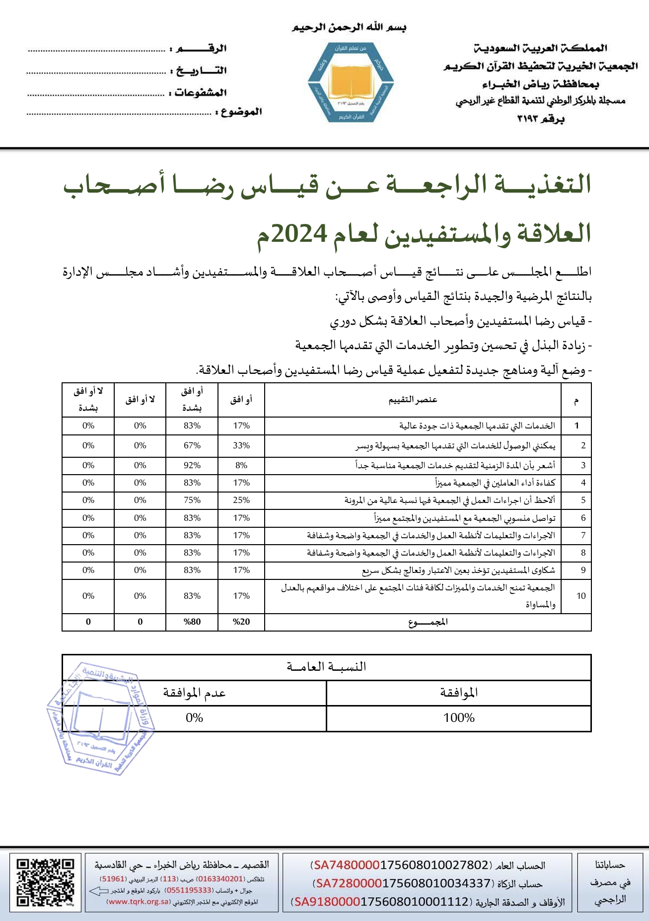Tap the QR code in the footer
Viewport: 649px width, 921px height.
pos(45,882)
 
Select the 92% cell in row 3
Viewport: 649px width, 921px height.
pos(192,465)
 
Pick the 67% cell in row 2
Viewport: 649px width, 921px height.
pos(192,445)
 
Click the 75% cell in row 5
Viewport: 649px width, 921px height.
pos(192,500)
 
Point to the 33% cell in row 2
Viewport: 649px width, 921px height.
pos(241,445)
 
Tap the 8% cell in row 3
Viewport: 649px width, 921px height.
pos(241,465)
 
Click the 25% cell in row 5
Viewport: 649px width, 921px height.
pos(241,500)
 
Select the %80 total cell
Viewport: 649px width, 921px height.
pos(192,622)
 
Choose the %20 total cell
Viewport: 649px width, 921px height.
pos(241,622)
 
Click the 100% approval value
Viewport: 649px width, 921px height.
pos(459,718)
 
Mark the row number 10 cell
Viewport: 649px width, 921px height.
pos(581,596)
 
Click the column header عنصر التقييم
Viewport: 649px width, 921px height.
pos(413,400)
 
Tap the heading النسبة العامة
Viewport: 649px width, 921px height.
pos(326,667)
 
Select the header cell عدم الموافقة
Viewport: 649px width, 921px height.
pos(194,693)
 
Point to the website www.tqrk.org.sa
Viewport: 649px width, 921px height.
pos(139,902)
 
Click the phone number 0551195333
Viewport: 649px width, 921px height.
pos(188,890)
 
